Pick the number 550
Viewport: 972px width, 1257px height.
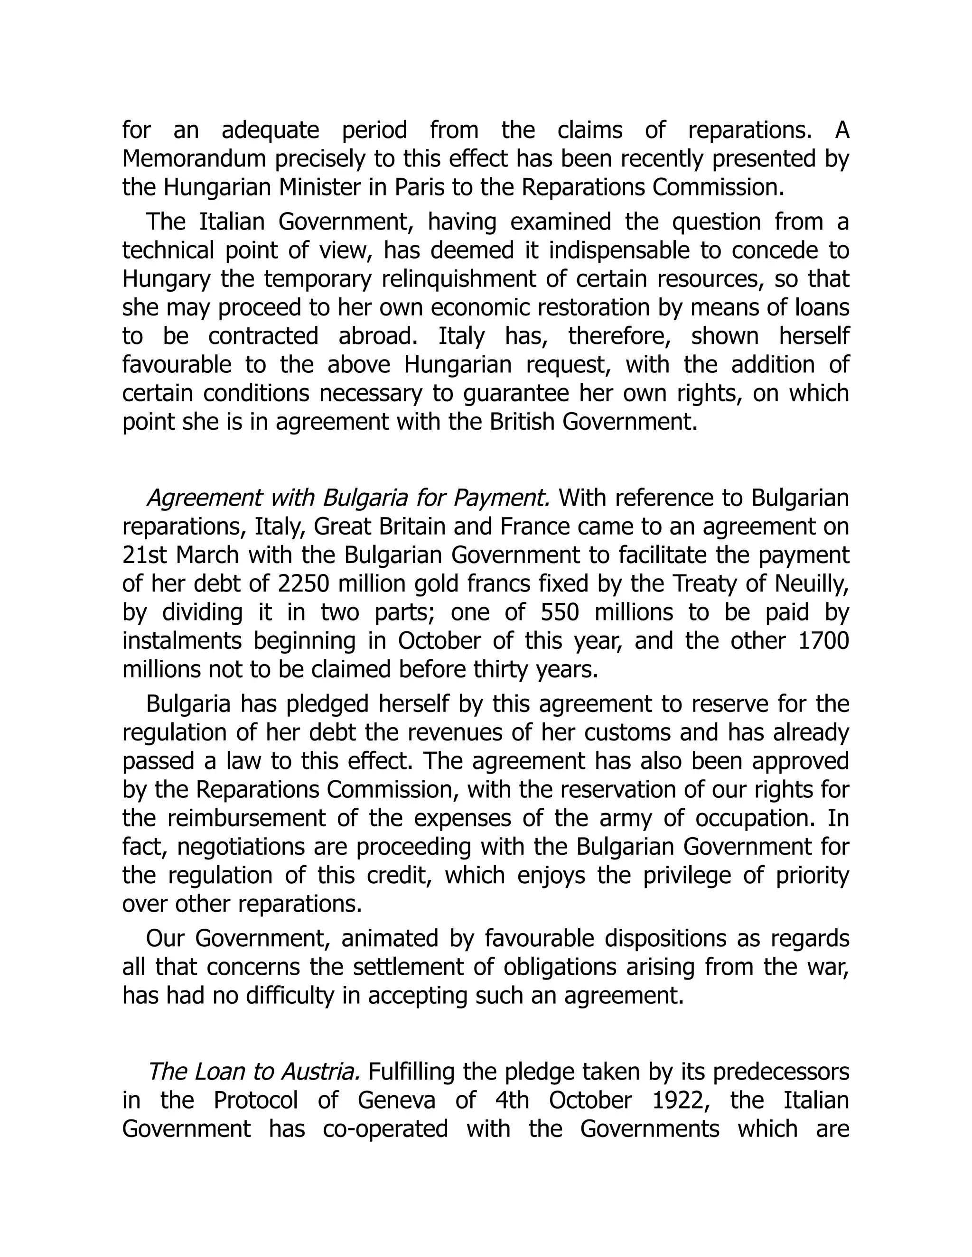[x=559, y=612]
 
